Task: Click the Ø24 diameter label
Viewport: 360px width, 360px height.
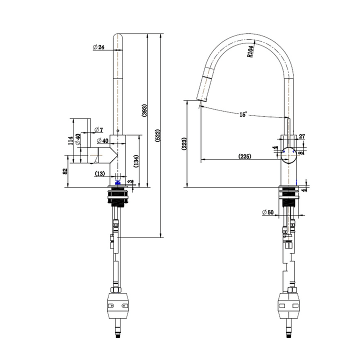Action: point(98,47)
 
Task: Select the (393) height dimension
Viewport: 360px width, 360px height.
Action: point(144,110)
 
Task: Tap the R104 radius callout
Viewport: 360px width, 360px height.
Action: point(250,51)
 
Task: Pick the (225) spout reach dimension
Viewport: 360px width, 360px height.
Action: point(245,156)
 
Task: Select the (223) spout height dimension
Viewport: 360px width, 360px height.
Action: point(184,144)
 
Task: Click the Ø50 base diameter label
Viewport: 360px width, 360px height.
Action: point(268,212)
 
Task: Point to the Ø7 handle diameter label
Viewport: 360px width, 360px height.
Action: point(98,129)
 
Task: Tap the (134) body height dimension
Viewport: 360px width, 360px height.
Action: point(136,161)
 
